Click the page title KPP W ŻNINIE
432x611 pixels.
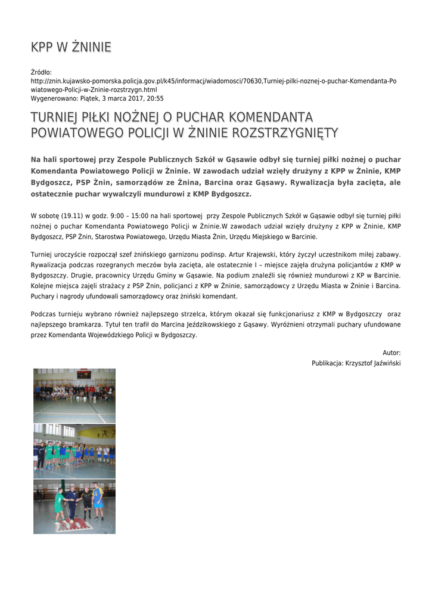pos(71,47)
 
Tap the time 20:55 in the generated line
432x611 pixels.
pos(155,98)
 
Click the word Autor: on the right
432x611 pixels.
pos(391,353)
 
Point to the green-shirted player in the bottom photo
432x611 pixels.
pos(59,505)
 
